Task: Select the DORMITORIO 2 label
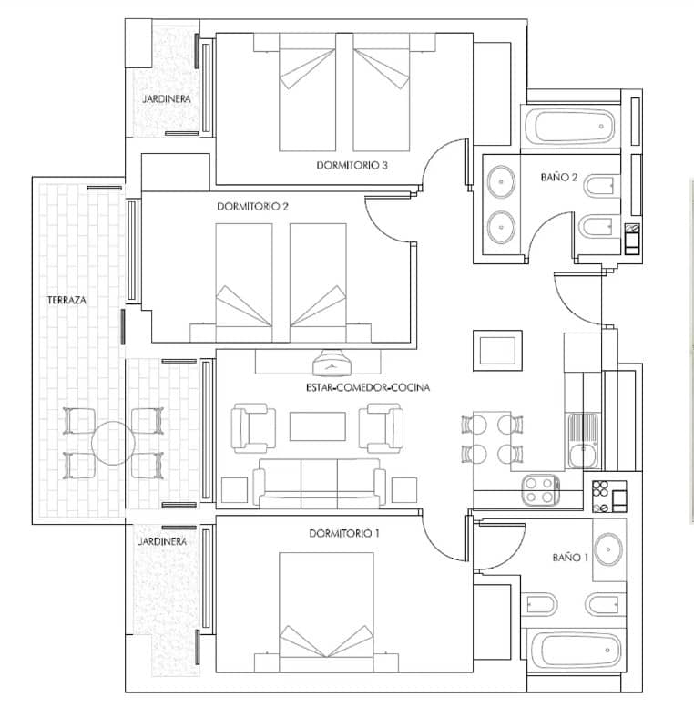252,207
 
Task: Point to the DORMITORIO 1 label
344,533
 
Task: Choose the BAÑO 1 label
570,557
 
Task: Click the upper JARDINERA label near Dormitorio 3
165,98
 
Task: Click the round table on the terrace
113,444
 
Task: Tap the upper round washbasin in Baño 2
500,180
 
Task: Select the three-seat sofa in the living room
319,481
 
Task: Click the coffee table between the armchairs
318,426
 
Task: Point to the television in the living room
332,364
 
